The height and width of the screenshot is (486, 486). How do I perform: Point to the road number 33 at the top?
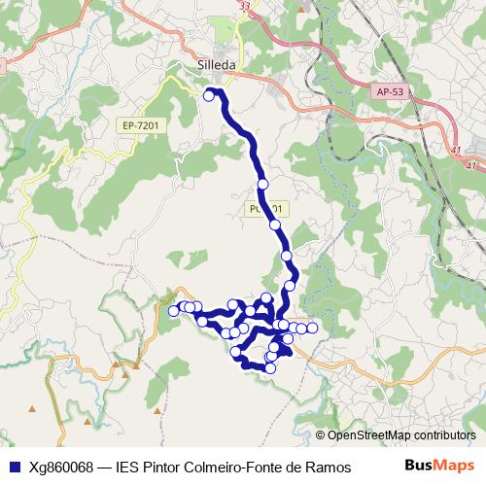tap(243, 6)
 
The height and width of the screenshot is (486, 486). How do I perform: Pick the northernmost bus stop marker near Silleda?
tap(209, 95)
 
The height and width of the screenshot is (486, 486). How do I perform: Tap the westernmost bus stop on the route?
tap(174, 311)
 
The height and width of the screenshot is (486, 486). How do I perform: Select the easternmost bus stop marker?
tap(312, 329)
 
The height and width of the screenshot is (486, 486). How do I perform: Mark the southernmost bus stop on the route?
tap(270, 368)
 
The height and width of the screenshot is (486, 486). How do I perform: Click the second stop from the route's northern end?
tap(262, 184)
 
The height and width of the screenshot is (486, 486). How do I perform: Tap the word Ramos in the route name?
tap(330, 468)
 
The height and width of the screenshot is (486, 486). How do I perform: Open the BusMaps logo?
tap(438, 467)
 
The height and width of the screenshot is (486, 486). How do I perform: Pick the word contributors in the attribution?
tap(442, 436)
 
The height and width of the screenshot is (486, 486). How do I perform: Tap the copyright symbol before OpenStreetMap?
tap(320, 436)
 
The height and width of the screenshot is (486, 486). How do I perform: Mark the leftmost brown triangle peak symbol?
tap(32, 408)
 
